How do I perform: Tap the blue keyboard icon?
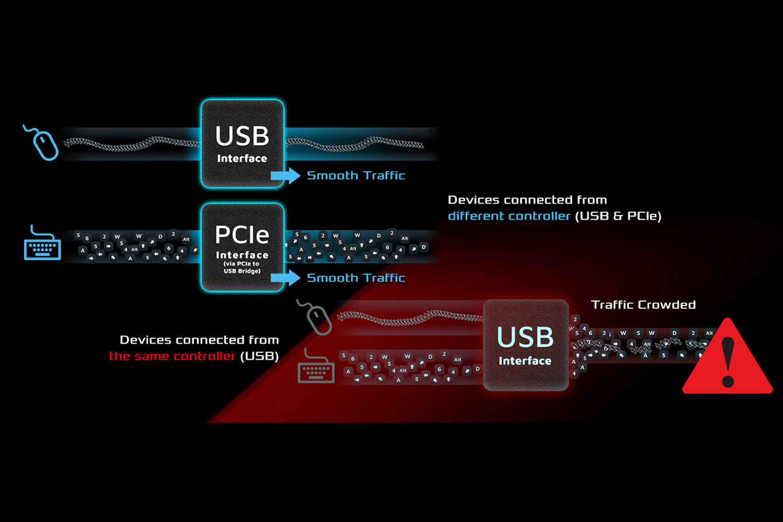pos(42,244)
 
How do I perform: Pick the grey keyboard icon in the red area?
pos(316,367)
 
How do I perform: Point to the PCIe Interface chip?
pos(242,247)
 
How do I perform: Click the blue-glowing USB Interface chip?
pos(242,143)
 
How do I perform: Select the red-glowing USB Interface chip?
pos(525,345)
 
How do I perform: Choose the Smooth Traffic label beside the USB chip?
pos(356,175)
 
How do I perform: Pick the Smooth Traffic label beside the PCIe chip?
pos(356,278)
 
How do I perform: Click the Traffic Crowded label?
pos(643,305)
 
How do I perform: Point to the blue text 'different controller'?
pos(509,216)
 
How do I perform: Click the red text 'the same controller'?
pos(172,356)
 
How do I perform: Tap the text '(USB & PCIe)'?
pos(618,216)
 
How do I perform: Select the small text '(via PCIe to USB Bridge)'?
pos(242,267)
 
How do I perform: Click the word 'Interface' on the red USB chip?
pos(525,361)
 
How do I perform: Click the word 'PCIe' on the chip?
pos(242,235)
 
